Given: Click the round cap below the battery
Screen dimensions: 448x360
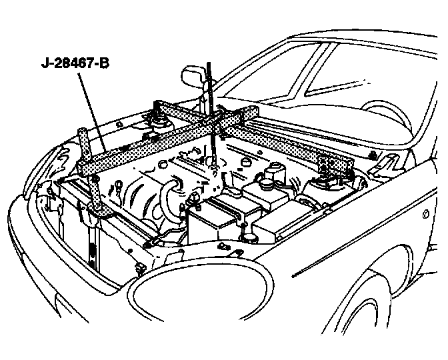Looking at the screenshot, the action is (x=247, y=238).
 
